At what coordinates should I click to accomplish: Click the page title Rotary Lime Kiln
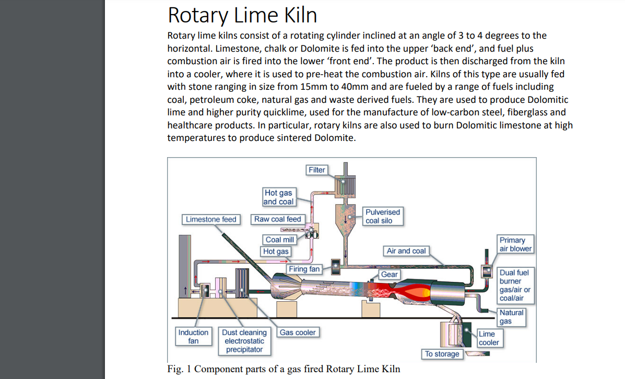pos(242,15)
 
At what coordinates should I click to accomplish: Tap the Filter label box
pos(316,170)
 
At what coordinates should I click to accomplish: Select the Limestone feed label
pos(211,219)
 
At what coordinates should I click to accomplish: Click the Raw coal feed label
pos(277,219)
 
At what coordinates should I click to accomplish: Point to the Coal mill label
pos(280,240)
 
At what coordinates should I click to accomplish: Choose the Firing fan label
pos(304,269)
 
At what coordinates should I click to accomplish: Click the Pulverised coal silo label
pos(383,216)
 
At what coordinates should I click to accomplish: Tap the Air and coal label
pos(406,251)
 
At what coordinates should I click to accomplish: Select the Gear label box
pos(389,275)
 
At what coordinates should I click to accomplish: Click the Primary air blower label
pos(515,244)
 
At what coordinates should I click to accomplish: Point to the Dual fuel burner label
pos(515,286)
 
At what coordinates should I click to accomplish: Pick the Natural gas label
pos(511,316)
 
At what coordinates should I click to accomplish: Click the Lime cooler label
pos(489,338)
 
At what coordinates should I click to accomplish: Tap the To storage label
pos(442,354)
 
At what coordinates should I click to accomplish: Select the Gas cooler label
pos(298,333)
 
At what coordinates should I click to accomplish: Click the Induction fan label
pos(193,337)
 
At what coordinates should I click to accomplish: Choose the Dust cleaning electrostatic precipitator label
pos(244,341)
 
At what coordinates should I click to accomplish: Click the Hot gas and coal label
pos(278,197)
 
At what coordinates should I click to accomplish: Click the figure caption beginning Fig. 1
pos(284,369)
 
